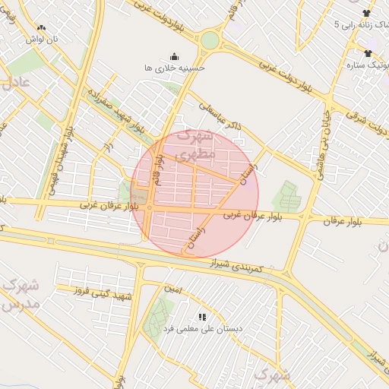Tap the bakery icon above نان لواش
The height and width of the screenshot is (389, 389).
point(41,27)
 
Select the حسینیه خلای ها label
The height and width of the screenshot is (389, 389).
point(175,68)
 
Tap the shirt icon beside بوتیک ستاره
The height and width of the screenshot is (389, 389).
point(368,53)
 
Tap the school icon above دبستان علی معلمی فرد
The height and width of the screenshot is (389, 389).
point(202,316)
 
